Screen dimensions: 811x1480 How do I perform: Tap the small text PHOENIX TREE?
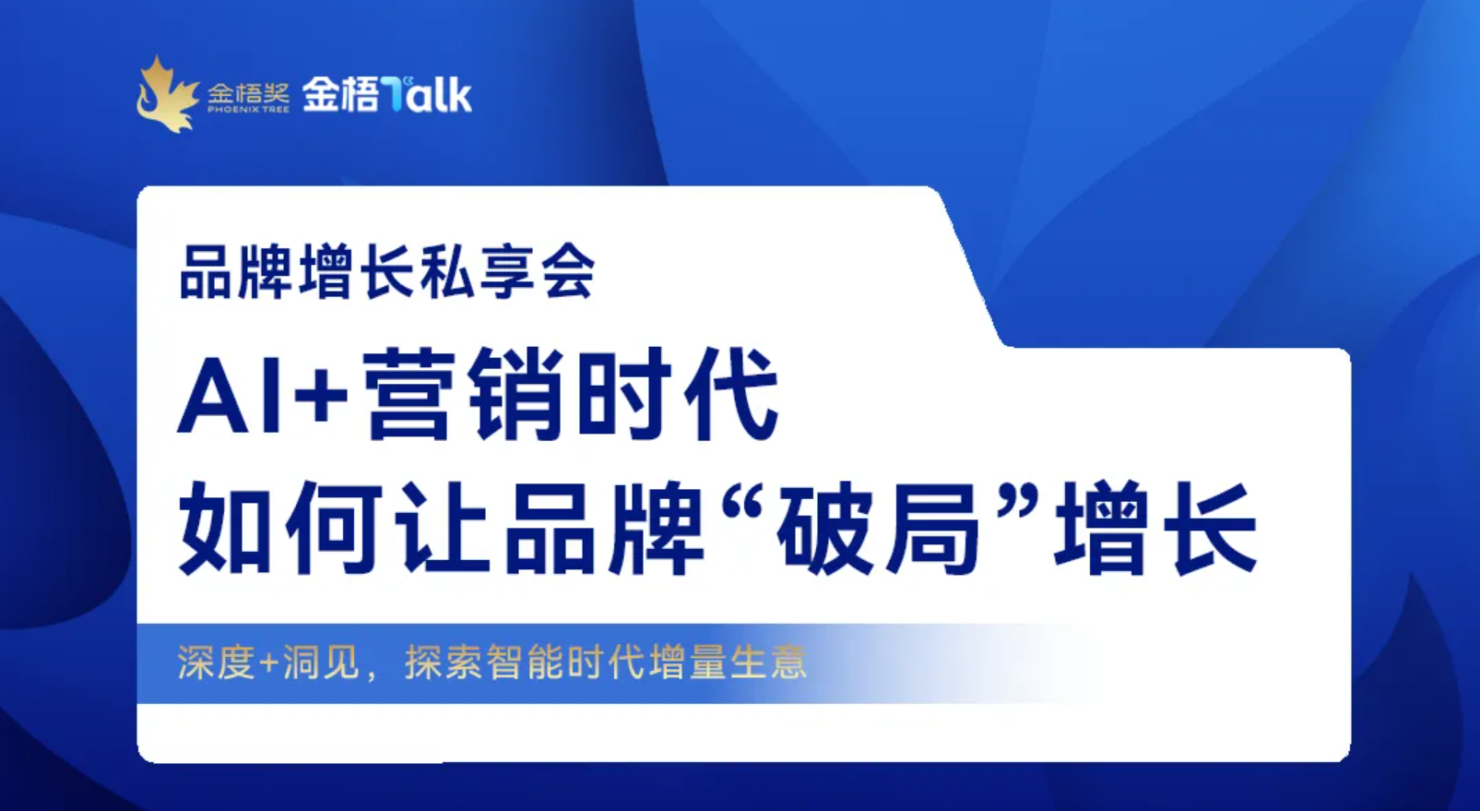click(x=248, y=109)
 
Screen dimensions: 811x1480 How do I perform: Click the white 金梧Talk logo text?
click(x=387, y=94)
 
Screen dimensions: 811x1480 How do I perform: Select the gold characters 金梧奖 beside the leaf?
click(x=248, y=92)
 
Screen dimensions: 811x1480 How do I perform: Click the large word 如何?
click(x=286, y=530)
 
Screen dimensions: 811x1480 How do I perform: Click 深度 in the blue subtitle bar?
click(x=216, y=662)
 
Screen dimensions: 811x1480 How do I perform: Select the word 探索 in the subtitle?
click(x=444, y=662)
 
